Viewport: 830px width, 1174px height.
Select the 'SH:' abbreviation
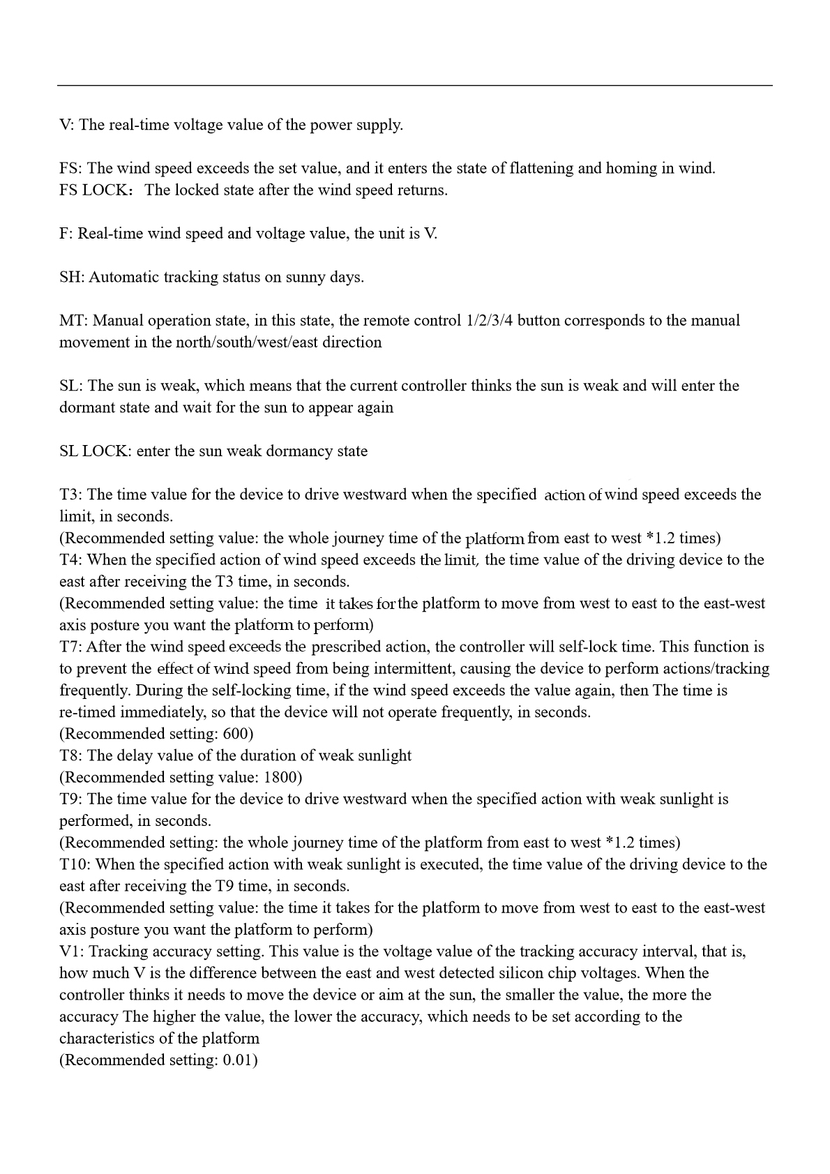[x=72, y=277]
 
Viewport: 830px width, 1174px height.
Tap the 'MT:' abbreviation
[x=73, y=321]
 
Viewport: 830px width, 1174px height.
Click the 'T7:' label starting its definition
[x=71, y=647]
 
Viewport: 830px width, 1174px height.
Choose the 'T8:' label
[x=71, y=755]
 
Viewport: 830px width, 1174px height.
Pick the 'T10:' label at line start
[x=75, y=864]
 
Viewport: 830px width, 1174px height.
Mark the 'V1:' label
[x=72, y=951]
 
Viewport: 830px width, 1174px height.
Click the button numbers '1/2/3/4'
[x=489, y=321]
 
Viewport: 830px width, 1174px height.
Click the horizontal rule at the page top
[x=414, y=86]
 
